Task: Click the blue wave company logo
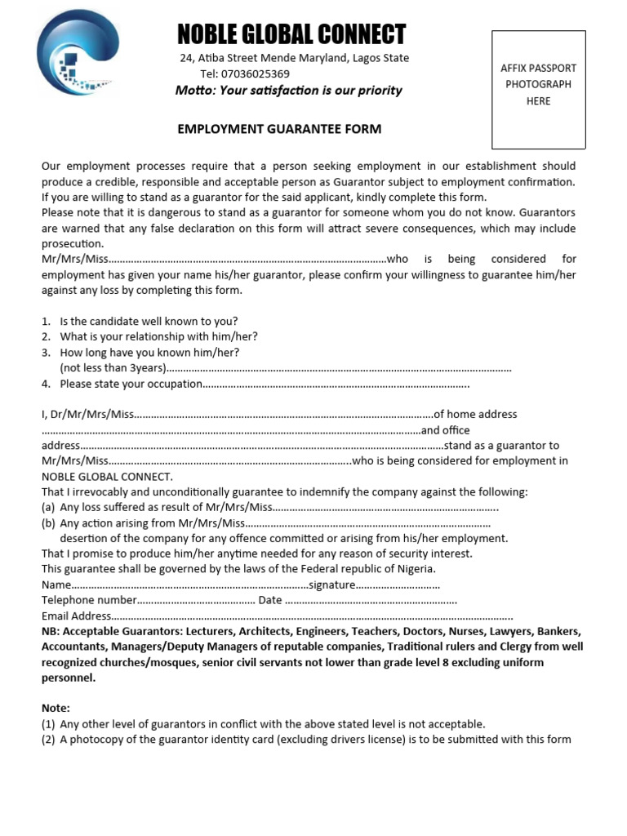pyautogui.click(x=78, y=56)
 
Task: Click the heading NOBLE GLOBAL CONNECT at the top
pyautogui.click(x=291, y=34)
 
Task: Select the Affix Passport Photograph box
pyautogui.click(x=538, y=89)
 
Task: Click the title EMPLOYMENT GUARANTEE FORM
pyautogui.click(x=280, y=129)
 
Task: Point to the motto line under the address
pyautogui.click(x=288, y=91)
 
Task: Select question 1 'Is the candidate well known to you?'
pyautogui.click(x=149, y=322)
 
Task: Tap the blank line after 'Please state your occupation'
pyautogui.click(x=336, y=385)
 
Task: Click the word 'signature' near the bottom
pyautogui.click(x=331, y=585)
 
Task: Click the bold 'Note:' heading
pyautogui.click(x=56, y=709)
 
